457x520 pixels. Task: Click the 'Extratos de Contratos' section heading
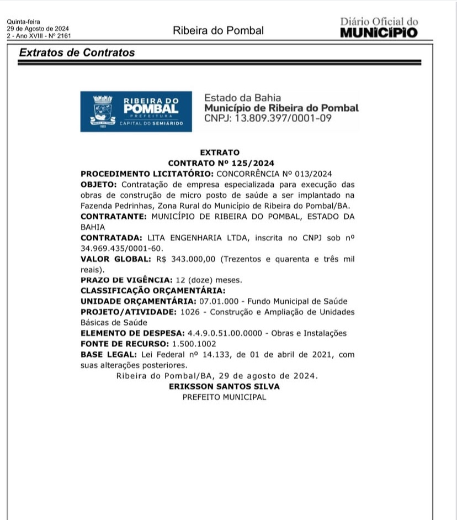click(x=77, y=53)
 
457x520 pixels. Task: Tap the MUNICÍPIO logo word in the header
click(x=379, y=33)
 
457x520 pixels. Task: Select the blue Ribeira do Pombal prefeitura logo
click(x=136, y=111)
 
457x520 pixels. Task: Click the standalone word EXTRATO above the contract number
click(x=220, y=153)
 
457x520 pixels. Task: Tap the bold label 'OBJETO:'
click(x=98, y=184)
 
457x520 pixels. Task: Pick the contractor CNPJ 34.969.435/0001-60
click(x=114, y=248)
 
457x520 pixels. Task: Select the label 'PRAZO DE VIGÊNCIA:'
click(x=126, y=280)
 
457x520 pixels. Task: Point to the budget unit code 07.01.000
click(x=217, y=301)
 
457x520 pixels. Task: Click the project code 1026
click(x=189, y=312)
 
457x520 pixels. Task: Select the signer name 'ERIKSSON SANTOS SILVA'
click(x=224, y=386)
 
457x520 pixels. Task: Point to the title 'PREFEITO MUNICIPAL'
click(x=224, y=397)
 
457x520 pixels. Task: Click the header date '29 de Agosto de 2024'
click(x=38, y=29)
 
